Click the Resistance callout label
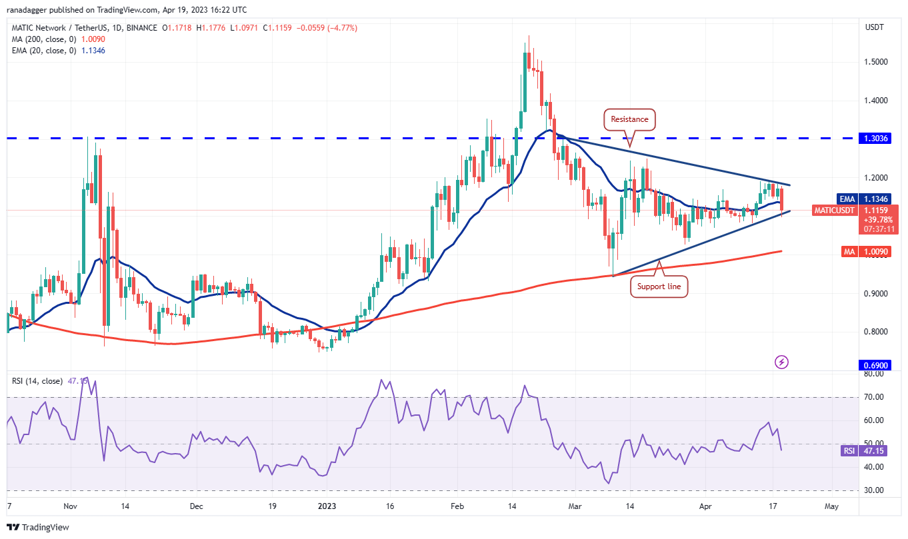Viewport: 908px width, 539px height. pyautogui.click(x=629, y=119)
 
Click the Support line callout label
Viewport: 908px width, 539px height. pyautogui.click(x=659, y=286)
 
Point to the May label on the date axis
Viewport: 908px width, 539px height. pyautogui.click(x=831, y=506)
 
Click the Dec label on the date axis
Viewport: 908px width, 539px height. pyautogui.click(x=196, y=506)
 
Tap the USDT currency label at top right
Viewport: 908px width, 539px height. pyautogui.click(x=875, y=27)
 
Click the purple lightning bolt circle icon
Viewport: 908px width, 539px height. pyautogui.click(x=782, y=362)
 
